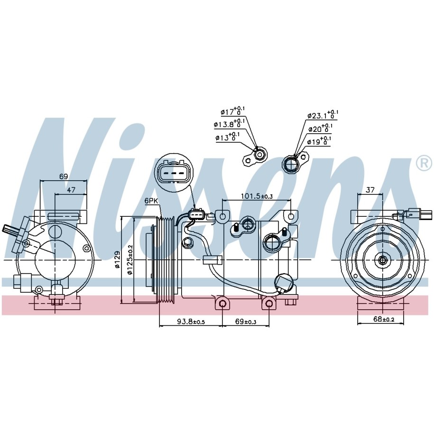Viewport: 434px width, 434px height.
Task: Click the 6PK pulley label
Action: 151,201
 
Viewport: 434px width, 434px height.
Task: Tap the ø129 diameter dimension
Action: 117,259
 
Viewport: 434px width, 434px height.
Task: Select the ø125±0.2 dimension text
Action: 130,259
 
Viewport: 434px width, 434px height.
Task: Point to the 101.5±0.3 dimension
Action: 257,196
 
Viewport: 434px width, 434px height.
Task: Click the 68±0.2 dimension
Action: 384,319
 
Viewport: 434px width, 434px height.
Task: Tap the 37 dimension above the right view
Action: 370,190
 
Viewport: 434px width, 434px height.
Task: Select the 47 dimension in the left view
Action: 71,190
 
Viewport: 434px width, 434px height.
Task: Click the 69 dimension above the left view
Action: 64,176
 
